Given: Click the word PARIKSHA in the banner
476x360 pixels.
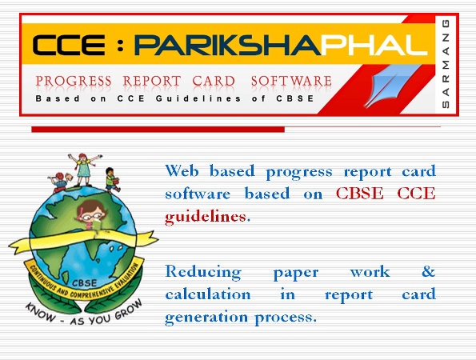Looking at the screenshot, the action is pos(227,45).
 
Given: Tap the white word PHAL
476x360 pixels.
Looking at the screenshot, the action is pos(374,45).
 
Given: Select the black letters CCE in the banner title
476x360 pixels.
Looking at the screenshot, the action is pos(69,45).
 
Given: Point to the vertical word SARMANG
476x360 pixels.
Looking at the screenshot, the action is pos(446,63).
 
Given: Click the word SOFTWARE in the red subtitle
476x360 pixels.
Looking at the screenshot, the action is pos(291,81).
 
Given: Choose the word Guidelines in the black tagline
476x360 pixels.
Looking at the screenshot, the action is pos(198,98).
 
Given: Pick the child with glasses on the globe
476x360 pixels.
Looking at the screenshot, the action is pos(91,215).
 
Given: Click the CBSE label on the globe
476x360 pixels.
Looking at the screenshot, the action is pos(85,283).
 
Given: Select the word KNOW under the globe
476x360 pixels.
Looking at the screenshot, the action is pos(41,312).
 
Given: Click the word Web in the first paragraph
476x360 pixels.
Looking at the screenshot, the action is pos(182,170).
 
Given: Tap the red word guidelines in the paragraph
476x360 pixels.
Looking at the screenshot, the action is pos(206,217).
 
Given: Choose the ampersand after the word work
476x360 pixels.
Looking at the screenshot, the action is pos(428,271).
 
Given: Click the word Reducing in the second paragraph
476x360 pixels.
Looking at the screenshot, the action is pos(203,272).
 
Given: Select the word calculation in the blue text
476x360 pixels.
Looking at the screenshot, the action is pos(208,294).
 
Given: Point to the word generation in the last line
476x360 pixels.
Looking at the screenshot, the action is pos(206,318).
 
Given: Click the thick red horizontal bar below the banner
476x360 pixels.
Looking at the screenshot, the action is pos(158,130).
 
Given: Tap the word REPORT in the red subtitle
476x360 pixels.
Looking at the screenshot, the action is pos(152,81).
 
